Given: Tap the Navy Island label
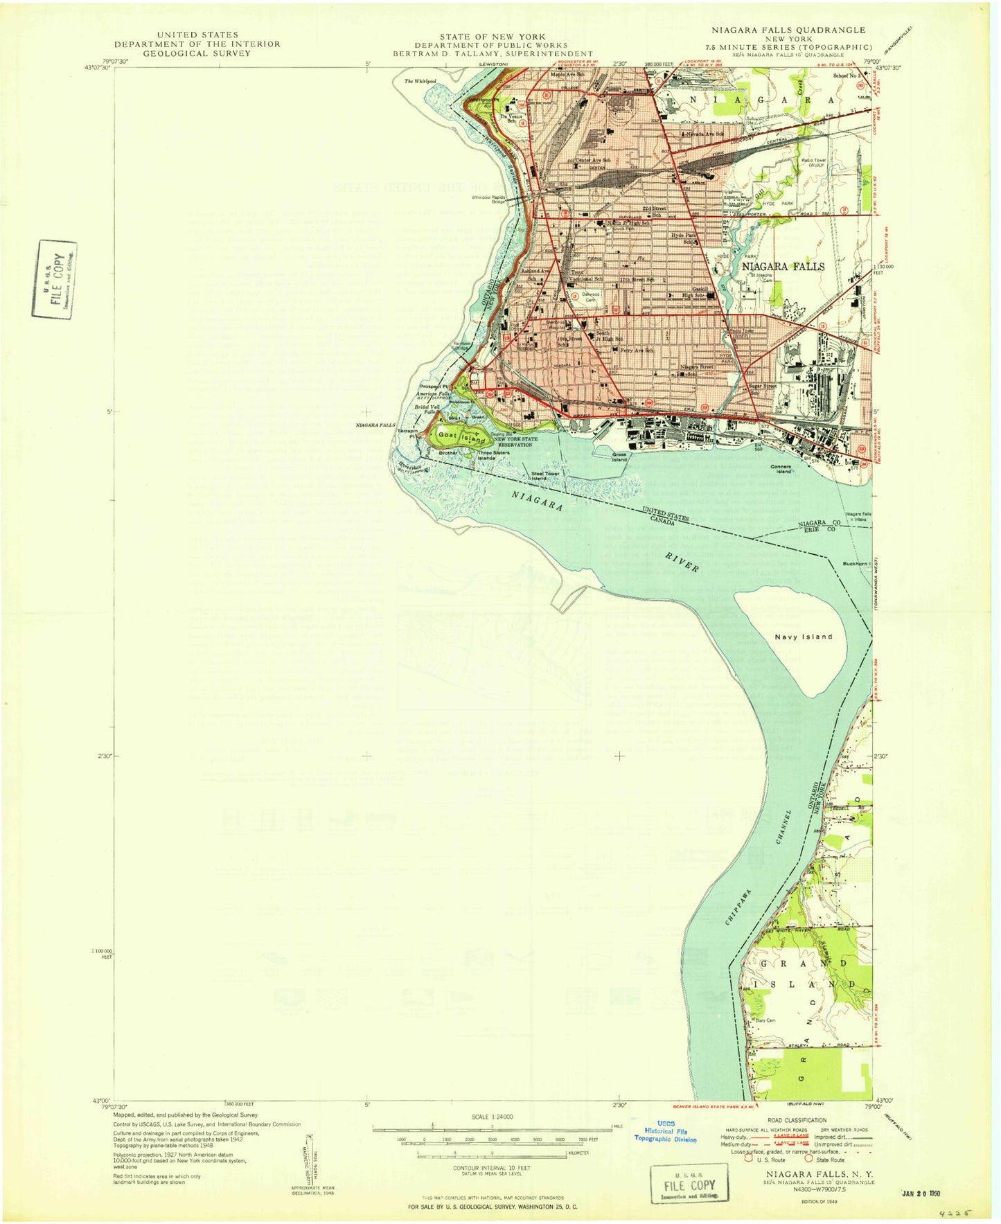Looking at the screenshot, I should (803, 637).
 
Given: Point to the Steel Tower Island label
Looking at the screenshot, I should (545, 476).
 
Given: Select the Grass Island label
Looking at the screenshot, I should (619, 457).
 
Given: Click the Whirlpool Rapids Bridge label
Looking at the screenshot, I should (488, 199).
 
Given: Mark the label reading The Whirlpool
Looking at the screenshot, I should (420, 82).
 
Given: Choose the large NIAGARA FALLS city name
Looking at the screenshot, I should (783, 266).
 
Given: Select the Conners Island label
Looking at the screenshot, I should (781, 469).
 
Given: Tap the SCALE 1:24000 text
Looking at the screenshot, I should (491, 1117).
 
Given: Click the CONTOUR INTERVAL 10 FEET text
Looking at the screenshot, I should (491, 1168).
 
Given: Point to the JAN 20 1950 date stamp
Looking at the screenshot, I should (922, 1194).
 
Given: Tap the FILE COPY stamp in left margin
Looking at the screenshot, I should (55, 278).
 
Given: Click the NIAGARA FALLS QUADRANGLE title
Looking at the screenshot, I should (788, 30).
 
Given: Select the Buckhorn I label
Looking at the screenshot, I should (856, 563).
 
